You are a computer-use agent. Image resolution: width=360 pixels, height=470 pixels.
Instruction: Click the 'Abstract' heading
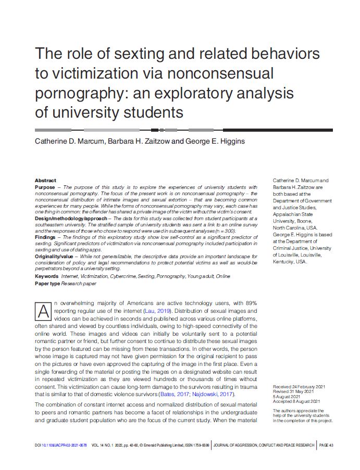point(45,181)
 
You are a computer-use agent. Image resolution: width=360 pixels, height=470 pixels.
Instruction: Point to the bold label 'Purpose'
point(45,187)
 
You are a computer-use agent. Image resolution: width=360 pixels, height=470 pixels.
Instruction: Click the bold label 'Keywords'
point(46,276)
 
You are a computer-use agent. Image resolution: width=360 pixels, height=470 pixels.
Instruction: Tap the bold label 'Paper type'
point(47,283)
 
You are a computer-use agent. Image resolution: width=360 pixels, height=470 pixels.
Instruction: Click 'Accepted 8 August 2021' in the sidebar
point(296,401)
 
